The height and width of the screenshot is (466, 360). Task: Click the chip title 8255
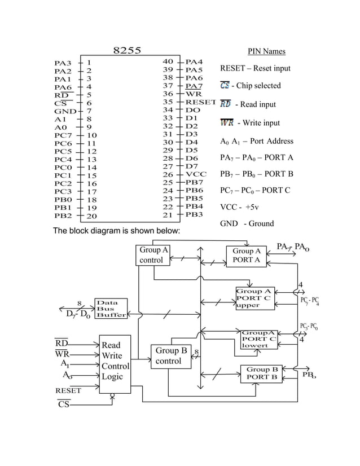[x=127, y=50]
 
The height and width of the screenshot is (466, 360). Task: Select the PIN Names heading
[x=266, y=52]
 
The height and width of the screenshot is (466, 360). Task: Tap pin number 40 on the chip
[x=168, y=61]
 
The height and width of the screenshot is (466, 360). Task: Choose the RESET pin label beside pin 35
[x=201, y=102]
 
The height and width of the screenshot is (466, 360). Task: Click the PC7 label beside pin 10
[x=63, y=135]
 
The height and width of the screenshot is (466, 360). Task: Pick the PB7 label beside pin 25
[x=194, y=183]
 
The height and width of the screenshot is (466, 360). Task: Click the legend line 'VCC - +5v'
[x=239, y=207]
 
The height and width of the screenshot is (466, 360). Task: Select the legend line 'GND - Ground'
[x=247, y=223]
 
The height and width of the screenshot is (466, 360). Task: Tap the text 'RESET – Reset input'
[x=255, y=68]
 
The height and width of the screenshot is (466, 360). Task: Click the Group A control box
[x=153, y=255]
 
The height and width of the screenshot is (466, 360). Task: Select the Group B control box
[x=171, y=356]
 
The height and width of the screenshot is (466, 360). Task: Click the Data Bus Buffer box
[x=111, y=309]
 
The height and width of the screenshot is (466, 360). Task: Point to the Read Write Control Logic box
[x=115, y=361]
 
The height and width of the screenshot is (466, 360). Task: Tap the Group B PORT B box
[x=262, y=373]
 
